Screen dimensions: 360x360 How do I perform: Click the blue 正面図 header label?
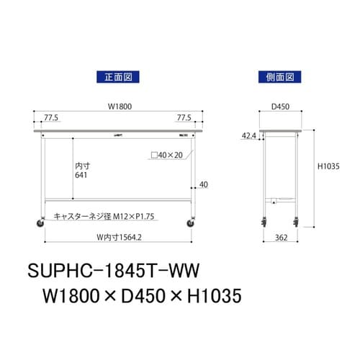click(x=116, y=76)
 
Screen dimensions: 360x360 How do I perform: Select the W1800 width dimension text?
click(x=119, y=107)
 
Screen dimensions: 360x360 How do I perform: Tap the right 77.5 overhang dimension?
click(x=186, y=115)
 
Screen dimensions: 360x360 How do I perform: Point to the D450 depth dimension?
click(x=279, y=107)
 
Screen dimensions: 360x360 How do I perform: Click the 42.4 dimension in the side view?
click(x=248, y=135)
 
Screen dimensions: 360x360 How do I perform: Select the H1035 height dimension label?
click(x=328, y=168)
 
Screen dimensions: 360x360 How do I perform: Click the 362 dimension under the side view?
click(x=280, y=236)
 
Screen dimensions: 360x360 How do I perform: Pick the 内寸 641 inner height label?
click(x=83, y=171)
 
